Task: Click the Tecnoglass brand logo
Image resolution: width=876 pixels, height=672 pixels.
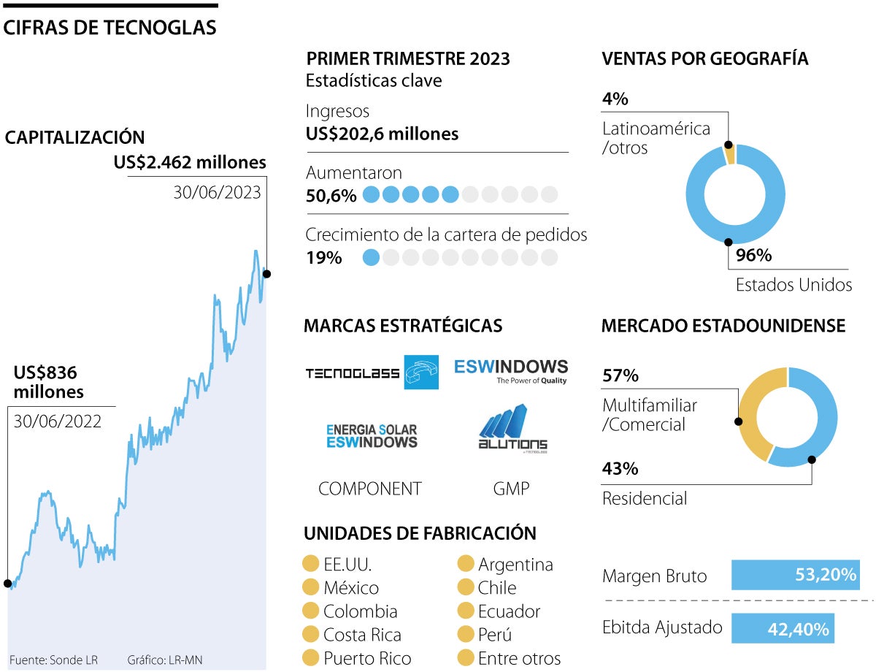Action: [371, 373]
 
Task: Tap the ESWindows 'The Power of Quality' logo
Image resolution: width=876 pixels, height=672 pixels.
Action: [510, 370]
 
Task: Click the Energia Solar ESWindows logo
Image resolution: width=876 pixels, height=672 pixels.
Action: [372, 435]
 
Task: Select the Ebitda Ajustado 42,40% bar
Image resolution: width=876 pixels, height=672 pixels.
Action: [782, 628]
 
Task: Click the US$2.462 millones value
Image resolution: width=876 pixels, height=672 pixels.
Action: [190, 162]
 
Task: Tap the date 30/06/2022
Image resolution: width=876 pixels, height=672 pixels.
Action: [57, 421]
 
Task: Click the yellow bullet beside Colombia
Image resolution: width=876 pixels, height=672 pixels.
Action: [311, 611]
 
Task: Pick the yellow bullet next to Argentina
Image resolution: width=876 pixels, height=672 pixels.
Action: [466, 564]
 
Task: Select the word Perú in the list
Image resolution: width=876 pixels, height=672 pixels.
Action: [495, 635]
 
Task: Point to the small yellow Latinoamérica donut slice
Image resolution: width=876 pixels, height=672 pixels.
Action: [729, 153]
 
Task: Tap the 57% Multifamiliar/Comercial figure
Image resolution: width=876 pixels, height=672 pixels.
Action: [620, 376]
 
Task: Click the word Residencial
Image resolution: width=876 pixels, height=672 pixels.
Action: [645, 499]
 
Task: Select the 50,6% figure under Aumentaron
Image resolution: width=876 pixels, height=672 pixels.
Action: [331, 195]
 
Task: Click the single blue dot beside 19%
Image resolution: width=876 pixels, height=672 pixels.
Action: [372, 257]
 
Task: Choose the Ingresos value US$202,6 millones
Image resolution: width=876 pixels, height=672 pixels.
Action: [382, 134]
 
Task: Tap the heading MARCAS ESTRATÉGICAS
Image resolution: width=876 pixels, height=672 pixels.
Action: [403, 326]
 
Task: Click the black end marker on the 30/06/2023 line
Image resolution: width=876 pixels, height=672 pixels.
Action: [266, 274]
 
